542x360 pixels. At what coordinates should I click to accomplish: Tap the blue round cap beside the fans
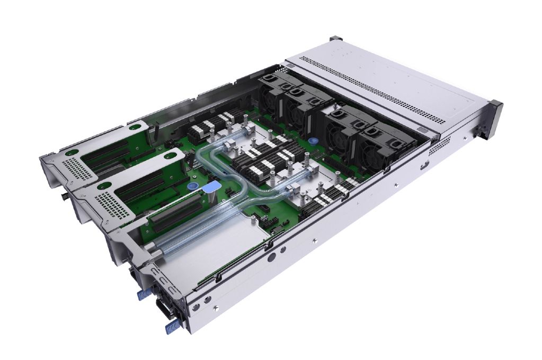[x=314, y=142]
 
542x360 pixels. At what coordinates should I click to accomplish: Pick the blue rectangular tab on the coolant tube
[x=212, y=187]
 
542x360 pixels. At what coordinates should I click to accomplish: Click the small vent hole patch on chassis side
[x=439, y=146]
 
